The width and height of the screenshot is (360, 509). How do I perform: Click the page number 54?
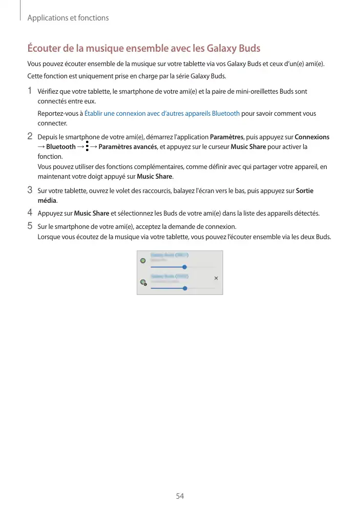click(180, 496)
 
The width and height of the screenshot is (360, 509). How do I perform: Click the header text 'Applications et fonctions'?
click(68, 18)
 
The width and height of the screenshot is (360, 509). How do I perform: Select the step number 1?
click(30, 91)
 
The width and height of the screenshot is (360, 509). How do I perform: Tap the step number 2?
click(30, 137)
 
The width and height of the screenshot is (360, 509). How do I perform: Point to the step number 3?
click(30, 190)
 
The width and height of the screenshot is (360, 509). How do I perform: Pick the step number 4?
click(30, 213)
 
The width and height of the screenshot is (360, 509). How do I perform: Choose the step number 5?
click(30, 225)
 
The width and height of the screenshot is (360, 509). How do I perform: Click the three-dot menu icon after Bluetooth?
click(88, 147)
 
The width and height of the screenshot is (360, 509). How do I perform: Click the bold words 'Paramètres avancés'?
click(128, 147)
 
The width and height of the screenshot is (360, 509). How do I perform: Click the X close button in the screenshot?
click(216, 278)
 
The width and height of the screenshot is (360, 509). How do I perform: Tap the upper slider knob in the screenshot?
click(184, 267)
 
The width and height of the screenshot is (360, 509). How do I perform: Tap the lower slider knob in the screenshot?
click(185, 288)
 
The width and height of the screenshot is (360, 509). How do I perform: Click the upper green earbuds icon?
click(143, 261)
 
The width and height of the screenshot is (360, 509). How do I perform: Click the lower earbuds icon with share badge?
click(143, 282)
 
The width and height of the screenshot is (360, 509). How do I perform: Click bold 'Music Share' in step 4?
click(92, 213)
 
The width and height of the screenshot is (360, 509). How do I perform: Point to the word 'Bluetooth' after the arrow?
click(61, 147)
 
